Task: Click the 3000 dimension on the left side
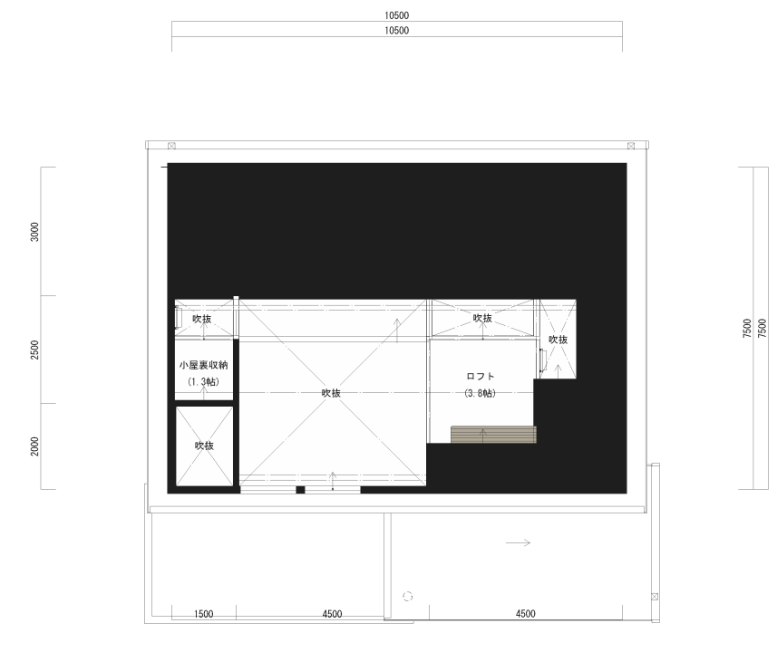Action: [x=34, y=232]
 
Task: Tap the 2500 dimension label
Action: [x=34, y=350]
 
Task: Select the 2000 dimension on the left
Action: [x=34, y=446]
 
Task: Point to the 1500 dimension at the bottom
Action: [x=204, y=614]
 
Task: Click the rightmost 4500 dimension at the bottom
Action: [x=526, y=614]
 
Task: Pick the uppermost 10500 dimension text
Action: [x=397, y=15]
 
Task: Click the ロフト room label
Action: [x=481, y=376]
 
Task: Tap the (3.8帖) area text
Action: [x=481, y=394]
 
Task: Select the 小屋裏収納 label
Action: [x=204, y=365]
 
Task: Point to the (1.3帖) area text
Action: [x=204, y=382]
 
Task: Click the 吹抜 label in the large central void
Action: [x=331, y=393]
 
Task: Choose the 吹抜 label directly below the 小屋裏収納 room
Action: [x=204, y=446]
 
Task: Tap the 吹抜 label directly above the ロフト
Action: [x=482, y=319]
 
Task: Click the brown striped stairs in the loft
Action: [x=493, y=434]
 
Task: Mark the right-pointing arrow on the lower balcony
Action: [x=518, y=542]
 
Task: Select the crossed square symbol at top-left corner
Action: [x=171, y=146]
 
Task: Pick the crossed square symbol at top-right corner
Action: [x=631, y=146]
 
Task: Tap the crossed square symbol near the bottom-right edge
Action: [x=655, y=597]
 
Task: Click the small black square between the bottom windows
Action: [x=300, y=490]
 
